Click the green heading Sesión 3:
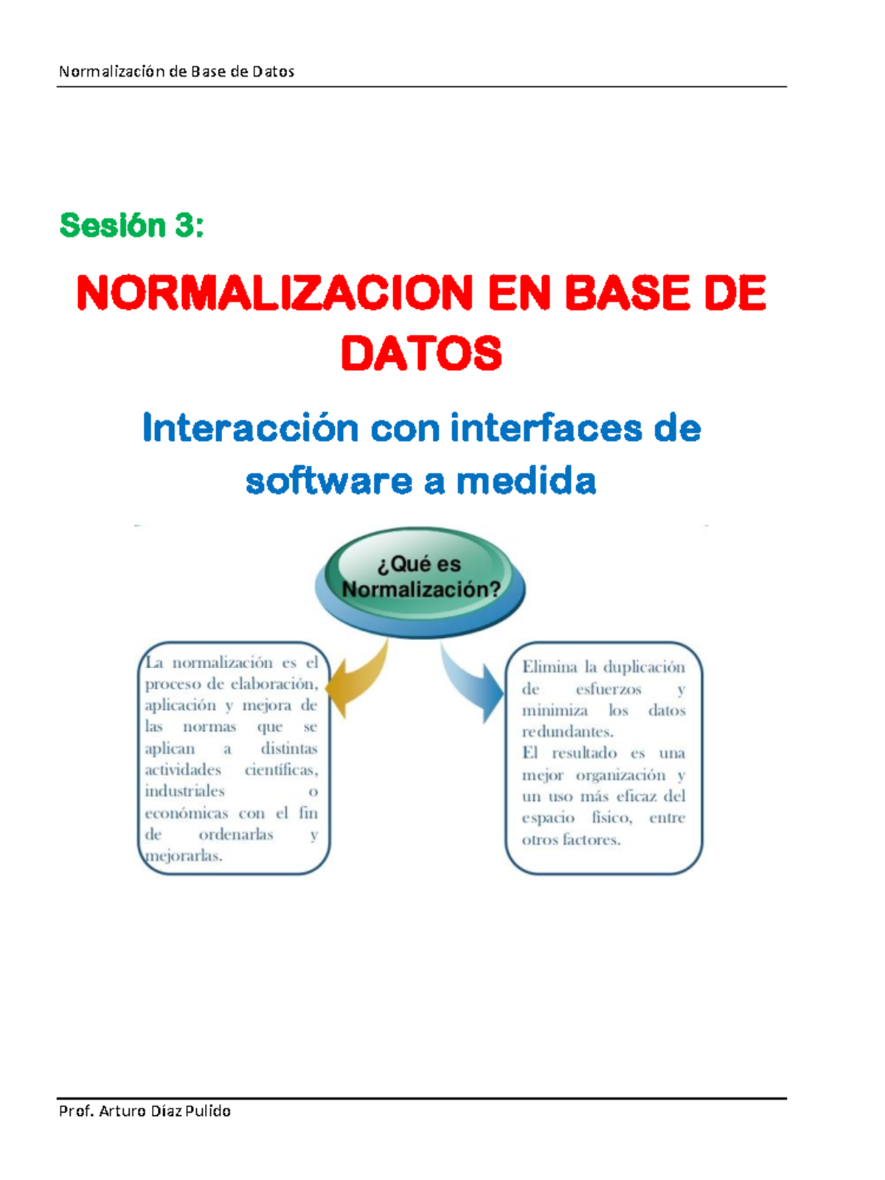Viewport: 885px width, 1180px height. coord(131,226)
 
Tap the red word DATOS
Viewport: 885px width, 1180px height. coord(421,354)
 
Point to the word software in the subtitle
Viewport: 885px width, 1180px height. coord(328,482)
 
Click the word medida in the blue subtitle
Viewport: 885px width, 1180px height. coord(526,482)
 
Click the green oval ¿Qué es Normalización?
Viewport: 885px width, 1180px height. coord(420,577)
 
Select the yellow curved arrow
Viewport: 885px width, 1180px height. coord(359,678)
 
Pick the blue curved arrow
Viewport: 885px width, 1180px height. coord(471,682)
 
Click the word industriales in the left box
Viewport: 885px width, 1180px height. coord(184,791)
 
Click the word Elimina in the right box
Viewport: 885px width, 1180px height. coord(549,667)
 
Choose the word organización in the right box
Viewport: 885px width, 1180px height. coord(620,775)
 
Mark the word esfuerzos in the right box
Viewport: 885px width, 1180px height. coord(608,689)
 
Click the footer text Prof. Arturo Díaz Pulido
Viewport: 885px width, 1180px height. coord(145,1111)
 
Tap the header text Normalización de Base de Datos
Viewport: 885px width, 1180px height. coord(176,72)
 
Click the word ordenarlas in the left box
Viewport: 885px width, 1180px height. coord(236,835)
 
